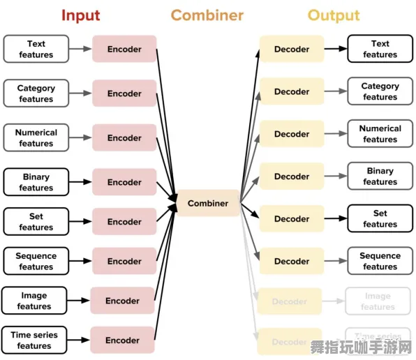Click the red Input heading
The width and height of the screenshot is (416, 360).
[x=80, y=15]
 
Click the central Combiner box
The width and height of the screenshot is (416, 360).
[x=208, y=203]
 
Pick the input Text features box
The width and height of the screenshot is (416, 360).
[x=36, y=50]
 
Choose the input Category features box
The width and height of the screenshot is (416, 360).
[x=36, y=93]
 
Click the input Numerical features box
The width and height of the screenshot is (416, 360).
[x=36, y=138]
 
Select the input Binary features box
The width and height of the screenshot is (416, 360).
[x=36, y=182]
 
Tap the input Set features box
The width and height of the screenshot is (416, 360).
[x=36, y=222]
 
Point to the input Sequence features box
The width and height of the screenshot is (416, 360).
[x=36, y=262]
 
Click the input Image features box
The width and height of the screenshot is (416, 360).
[x=34, y=301]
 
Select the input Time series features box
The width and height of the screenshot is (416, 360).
[x=34, y=340]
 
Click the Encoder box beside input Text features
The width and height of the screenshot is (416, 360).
[x=124, y=50]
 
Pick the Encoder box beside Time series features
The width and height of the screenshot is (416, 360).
[x=123, y=340]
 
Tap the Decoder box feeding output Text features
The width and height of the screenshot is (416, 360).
[x=292, y=49]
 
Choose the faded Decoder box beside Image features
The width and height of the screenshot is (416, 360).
[x=290, y=301]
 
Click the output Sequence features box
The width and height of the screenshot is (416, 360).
[x=380, y=261]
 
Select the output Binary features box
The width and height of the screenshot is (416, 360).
[x=380, y=177]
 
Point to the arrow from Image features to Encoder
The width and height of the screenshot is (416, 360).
[x=79, y=301]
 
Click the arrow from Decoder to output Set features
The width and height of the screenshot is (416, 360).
[x=336, y=218]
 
